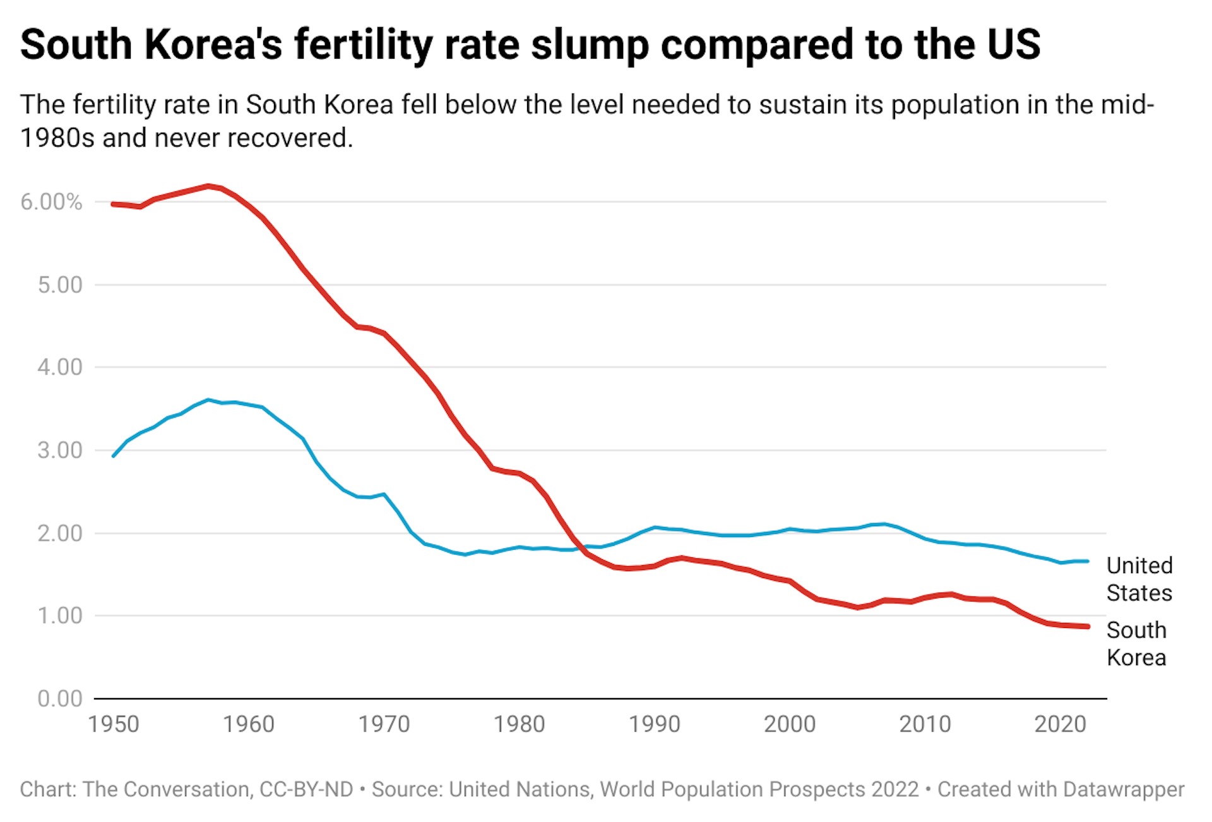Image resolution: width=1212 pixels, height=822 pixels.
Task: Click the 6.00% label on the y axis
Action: click(x=51, y=202)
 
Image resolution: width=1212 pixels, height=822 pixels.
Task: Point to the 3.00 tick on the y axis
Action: click(x=60, y=450)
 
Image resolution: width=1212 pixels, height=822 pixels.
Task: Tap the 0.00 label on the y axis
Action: click(x=60, y=699)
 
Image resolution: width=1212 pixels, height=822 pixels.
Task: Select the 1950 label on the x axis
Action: click(x=114, y=724)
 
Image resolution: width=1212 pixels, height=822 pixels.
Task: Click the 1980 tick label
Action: click(x=519, y=724)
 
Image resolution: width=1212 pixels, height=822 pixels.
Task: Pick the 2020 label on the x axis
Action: click(x=1060, y=724)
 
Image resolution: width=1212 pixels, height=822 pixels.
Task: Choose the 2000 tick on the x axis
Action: click(x=790, y=724)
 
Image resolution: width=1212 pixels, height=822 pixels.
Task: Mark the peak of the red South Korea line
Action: click(x=208, y=186)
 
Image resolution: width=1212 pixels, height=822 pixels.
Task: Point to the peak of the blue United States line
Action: click(x=208, y=400)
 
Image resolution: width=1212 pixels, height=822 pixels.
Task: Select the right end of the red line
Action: click(x=1088, y=626)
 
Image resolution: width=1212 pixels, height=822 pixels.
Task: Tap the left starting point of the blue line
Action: click(x=114, y=456)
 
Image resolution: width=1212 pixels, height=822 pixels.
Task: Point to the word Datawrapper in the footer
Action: click(x=1124, y=789)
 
